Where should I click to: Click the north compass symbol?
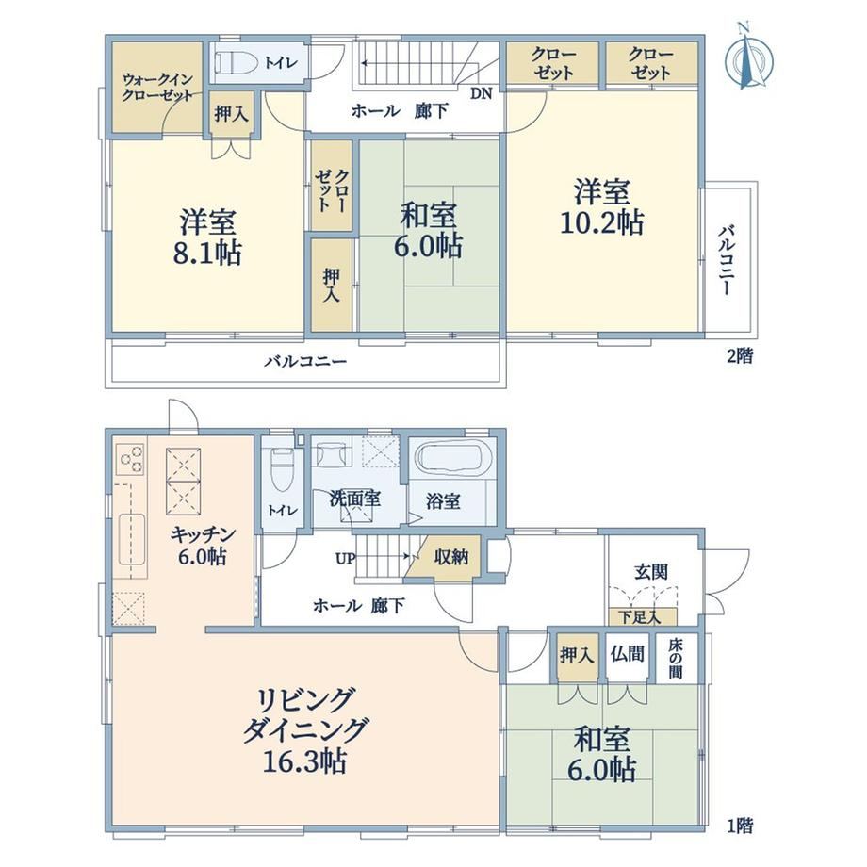tap(748, 57)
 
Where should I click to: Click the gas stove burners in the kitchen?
tap(131, 458)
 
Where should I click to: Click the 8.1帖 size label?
tap(207, 254)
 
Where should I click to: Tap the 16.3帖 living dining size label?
tap(304, 762)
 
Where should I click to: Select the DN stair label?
tap(481, 93)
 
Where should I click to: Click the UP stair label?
tap(346, 559)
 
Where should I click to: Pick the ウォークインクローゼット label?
tap(157, 88)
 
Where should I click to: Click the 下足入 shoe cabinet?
tap(642, 616)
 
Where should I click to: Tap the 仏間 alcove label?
tap(628, 655)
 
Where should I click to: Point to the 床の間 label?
tap(675, 659)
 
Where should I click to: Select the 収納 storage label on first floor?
tap(451, 557)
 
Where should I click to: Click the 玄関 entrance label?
tap(651, 572)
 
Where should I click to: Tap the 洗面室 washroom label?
tap(355, 499)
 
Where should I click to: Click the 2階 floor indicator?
tap(739, 356)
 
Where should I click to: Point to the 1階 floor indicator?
tap(739, 826)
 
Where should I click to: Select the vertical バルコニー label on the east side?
tap(727, 260)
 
